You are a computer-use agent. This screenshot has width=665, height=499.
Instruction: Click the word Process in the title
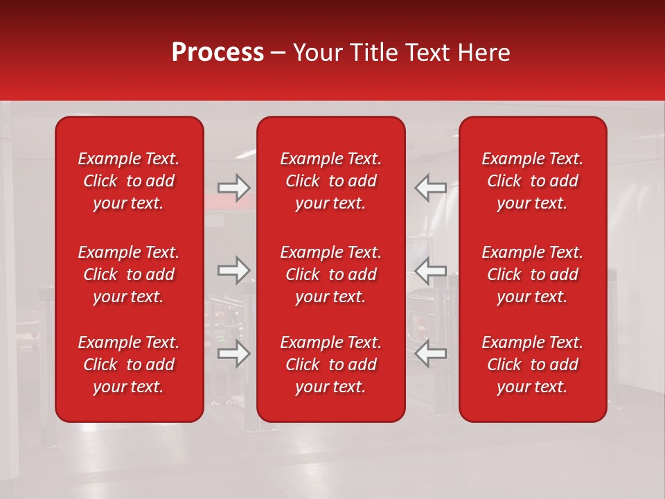pos(218,53)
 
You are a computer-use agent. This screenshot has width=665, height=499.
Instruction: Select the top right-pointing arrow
pos(233,188)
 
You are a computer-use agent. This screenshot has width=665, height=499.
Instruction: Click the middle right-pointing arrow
pos(233,270)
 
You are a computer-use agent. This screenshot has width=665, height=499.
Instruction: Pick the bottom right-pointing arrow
pos(233,353)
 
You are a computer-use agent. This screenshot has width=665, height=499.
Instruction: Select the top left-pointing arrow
pos(430,188)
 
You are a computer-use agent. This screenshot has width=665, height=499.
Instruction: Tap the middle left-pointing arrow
pos(430,270)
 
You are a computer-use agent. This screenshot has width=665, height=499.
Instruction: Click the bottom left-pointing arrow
pos(430,353)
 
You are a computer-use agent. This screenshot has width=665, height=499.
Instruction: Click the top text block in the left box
pos(129,181)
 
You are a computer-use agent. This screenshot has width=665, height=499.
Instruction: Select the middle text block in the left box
pos(129,274)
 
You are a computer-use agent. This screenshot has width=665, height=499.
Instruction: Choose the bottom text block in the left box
pos(129,365)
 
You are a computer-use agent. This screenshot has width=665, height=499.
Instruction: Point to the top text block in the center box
pos(331,181)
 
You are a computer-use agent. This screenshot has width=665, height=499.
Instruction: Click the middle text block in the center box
pos(331,274)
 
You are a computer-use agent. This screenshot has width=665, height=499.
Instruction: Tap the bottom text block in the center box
pos(331,365)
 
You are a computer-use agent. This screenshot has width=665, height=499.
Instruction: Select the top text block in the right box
pos(533,181)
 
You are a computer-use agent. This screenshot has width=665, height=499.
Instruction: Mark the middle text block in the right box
pos(533,274)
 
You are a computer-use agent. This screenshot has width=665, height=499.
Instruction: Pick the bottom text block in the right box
pos(533,365)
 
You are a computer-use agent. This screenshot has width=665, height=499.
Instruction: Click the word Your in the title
pos(315,53)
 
